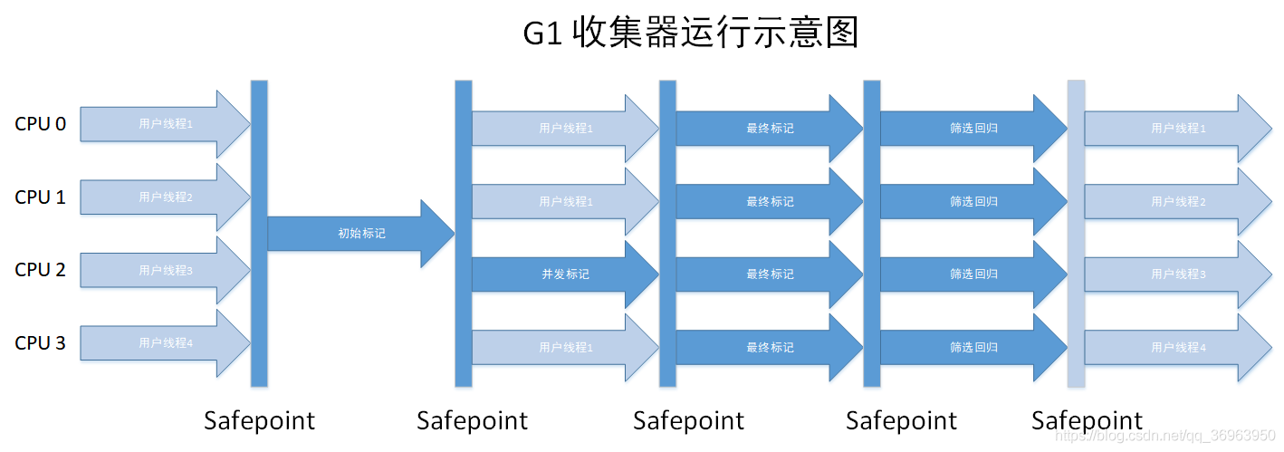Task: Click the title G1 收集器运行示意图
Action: [690, 34]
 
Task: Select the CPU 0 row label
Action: [41, 124]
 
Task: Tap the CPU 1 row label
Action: [41, 197]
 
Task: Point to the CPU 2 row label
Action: [41, 269]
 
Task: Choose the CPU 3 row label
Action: [41, 343]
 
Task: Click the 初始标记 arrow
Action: [360, 234]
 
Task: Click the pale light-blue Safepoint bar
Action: [1076, 233]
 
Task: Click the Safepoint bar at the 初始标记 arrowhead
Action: [464, 233]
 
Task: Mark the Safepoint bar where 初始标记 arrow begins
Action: [259, 233]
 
